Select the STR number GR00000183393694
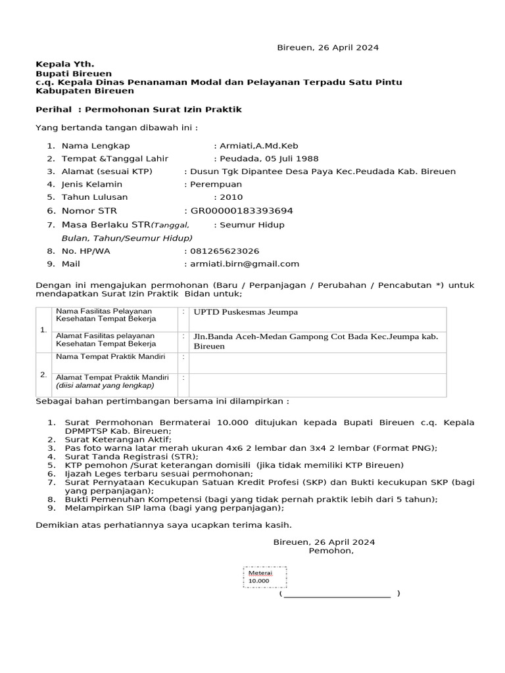(241, 210)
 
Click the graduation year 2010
(231, 197)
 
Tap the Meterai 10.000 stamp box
(265, 576)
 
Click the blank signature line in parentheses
(338, 593)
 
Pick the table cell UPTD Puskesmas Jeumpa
(245, 312)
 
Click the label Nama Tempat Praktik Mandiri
(110, 356)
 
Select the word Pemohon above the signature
(330, 551)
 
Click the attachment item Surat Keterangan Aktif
(118, 439)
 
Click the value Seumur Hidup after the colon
(252, 224)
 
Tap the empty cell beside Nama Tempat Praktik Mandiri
(317, 361)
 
